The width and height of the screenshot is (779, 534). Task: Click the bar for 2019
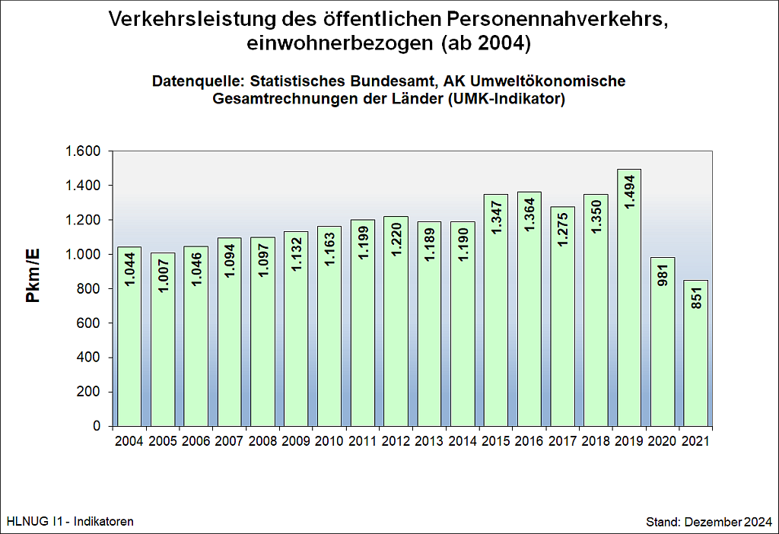click(x=629, y=304)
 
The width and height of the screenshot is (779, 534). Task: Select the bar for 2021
click(x=695, y=358)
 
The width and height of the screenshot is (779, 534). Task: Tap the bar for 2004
click(x=129, y=342)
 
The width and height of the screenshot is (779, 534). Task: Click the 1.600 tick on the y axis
click(x=84, y=151)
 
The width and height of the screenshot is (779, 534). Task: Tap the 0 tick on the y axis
click(x=97, y=427)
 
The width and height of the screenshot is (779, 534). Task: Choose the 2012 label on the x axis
click(x=396, y=440)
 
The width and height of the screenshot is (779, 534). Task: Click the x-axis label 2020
click(x=662, y=440)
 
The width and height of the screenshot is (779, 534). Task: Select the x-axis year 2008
click(x=262, y=440)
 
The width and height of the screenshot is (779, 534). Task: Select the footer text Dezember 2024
click(x=728, y=522)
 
